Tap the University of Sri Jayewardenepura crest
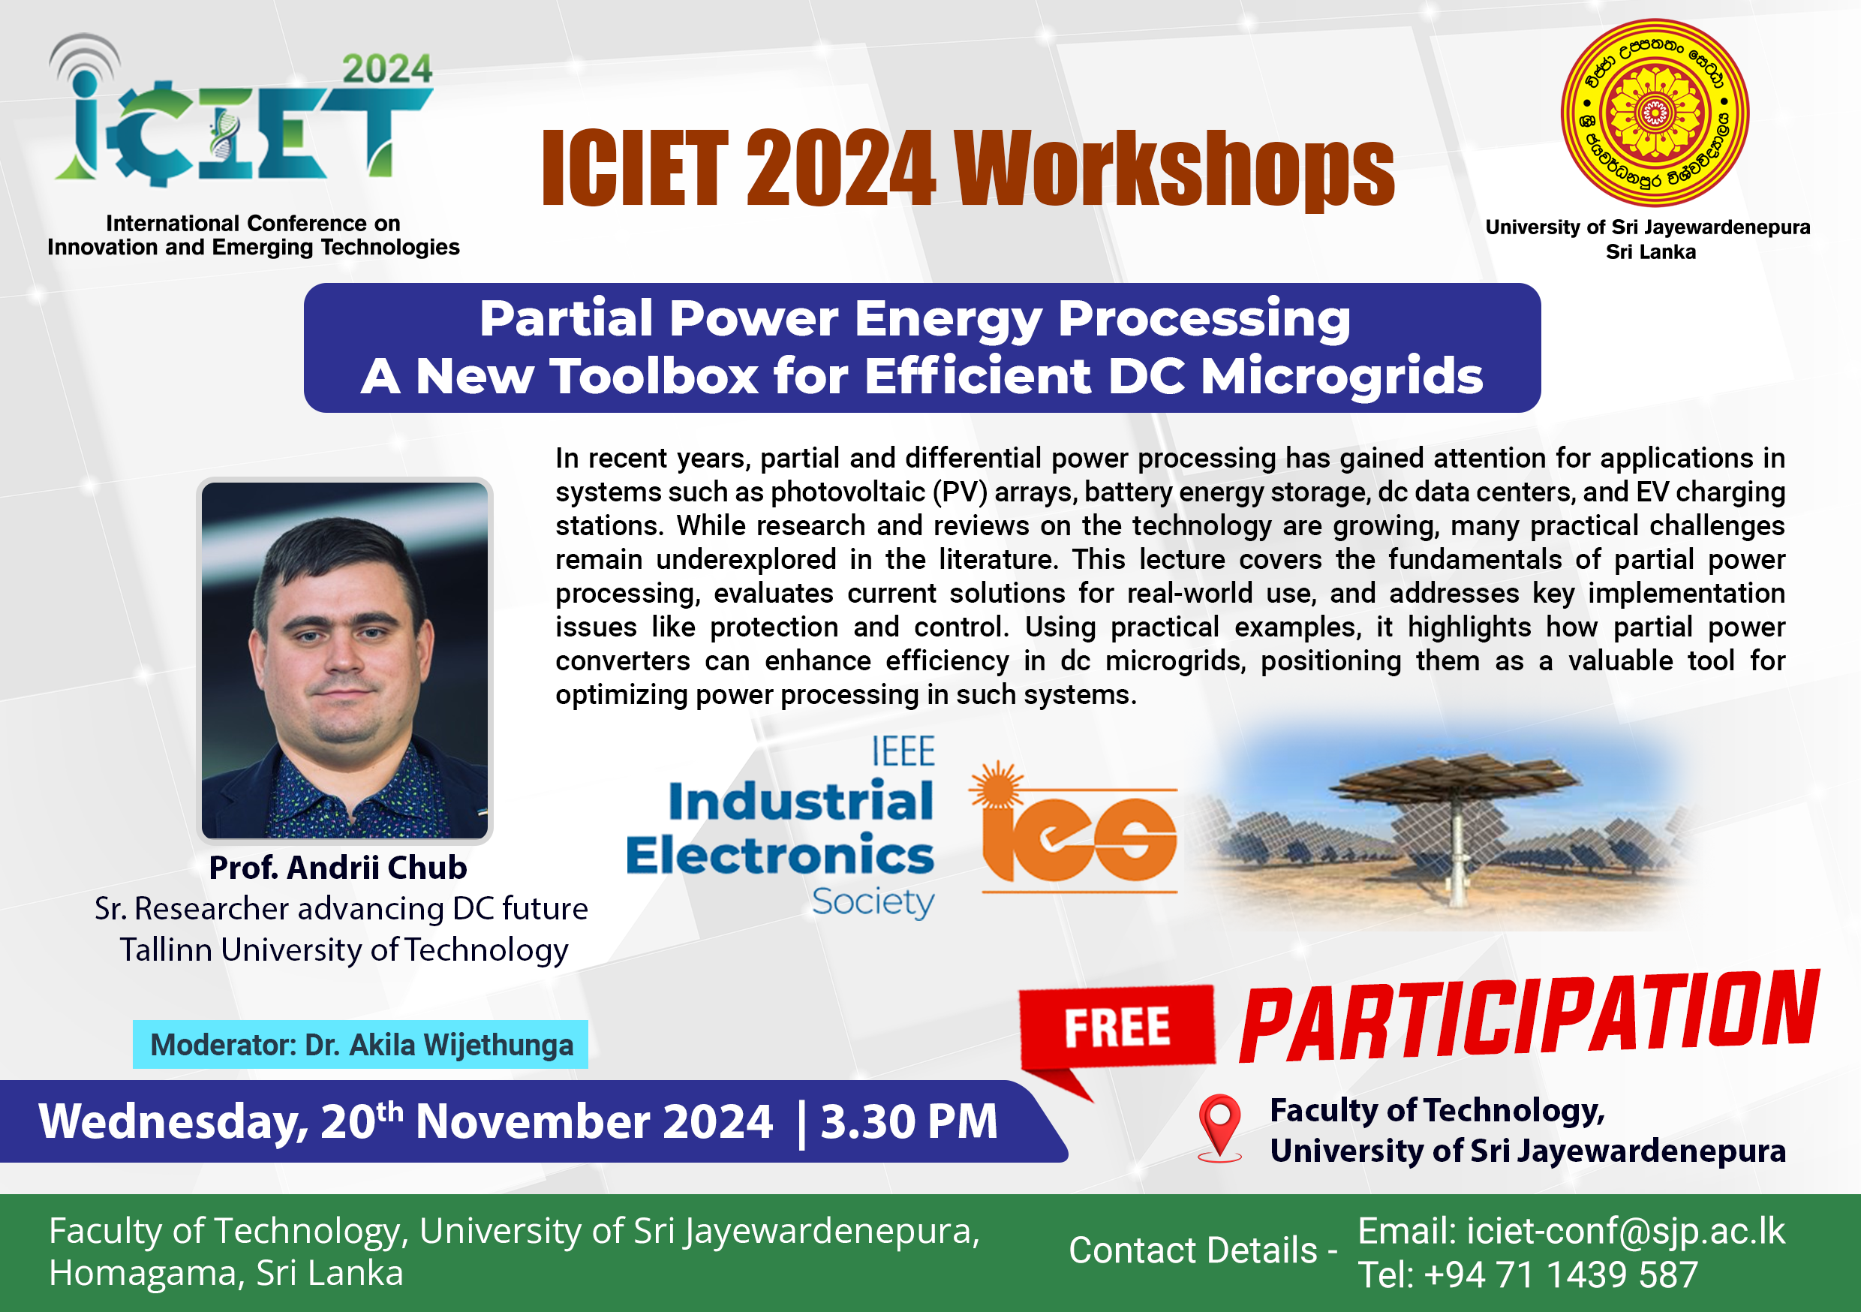pyautogui.click(x=1655, y=113)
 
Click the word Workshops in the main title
pyautogui.click(x=1174, y=168)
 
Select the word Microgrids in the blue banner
pyautogui.click(x=1342, y=376)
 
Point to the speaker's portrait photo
pyautogui.click(x=344, y=660)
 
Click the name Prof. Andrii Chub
pyautogui.click(x=338, y=868)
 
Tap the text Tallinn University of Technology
pyautogui.click(x=344, y=950)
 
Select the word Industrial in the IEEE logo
pyautogui.click(x=801, y=801)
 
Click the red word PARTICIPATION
pyautogui.click(x=1529, y=1016)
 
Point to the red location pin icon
pyautogui.click(x=1220, y=1127)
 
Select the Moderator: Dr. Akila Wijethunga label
pyautogui.click(x=361, y=1044)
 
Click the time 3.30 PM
pyautogui.click(x=909, y=1121)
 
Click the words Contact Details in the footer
pyautogui.click(x=1193, y=1250)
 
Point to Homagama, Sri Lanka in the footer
pyautogui.click(x=226, y=1273)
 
